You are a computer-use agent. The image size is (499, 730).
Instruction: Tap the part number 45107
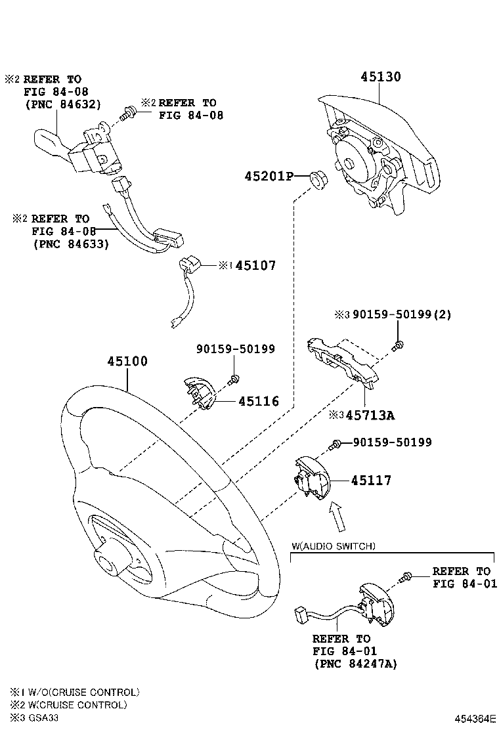pyautogui.click(x=255, y=266)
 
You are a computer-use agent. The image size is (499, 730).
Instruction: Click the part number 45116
pyautogui.click(x=258, y=401)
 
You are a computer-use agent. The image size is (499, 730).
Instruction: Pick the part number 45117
pyautogui.click(x=370, y=481)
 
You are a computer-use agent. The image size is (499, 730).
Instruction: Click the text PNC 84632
pyautogui.click(x=62, y=104)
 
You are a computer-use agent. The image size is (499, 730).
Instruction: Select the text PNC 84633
pyautogui.click(x=70, y=243)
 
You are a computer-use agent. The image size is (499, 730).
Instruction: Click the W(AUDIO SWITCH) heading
pyautogui.click(x=334, y=546)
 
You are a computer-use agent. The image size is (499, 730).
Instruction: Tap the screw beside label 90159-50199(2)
pyautogui.click(x=398, y=344)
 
